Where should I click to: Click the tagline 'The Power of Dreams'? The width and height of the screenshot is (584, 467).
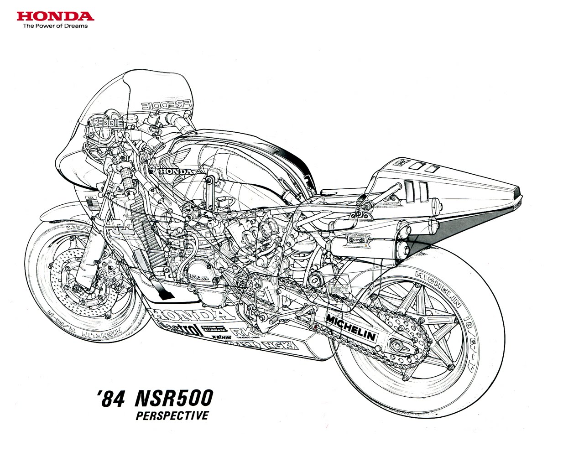55,26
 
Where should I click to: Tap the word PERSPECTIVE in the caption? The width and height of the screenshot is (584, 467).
172,415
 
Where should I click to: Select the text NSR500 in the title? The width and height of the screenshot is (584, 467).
174,399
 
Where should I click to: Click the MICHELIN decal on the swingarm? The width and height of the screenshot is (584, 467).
351,327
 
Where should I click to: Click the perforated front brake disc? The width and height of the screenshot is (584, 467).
73,283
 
